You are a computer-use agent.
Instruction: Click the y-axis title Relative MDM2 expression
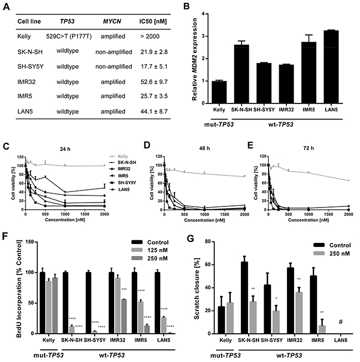click(x=196, y=55)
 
